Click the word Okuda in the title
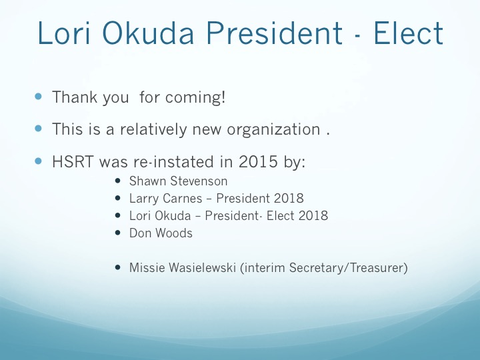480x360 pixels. point(150,33)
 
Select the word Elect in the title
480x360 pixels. point(409,33)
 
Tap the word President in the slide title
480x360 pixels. point(275,33)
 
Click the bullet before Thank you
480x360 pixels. point(38,97)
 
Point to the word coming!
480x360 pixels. point(195,97)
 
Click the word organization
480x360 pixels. point(273,129)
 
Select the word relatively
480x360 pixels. point(153,129)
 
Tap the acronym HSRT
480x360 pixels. point(73,161)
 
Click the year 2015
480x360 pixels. point(258,161)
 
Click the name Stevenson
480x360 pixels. point(199,181)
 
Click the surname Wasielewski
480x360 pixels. point(203,267)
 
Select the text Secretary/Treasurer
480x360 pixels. point(347,267)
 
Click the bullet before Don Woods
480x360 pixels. point(117,233)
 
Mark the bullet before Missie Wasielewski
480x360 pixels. point(117,267)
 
